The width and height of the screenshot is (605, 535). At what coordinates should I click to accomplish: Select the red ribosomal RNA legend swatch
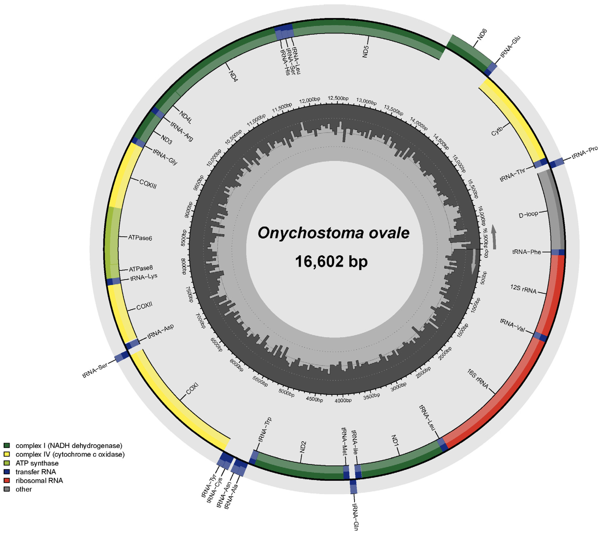click(x=7, y=480)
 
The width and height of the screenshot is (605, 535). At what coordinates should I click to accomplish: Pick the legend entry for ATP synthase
click(x=37, y=463)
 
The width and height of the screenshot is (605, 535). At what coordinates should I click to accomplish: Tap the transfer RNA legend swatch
click(x=7, y=472)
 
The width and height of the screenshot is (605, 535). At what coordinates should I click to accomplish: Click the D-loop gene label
click(x=528, y=215)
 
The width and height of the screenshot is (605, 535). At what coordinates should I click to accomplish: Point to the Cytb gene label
click(x=497, y=131)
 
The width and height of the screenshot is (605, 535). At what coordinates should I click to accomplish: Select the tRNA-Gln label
click(x=355, y=516)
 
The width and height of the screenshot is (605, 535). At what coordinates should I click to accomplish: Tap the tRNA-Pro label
click(x=585, y=153)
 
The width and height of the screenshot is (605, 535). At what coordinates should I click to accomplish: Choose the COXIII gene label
click(x=148, y=184)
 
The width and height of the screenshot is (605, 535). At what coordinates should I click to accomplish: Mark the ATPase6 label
click(x=140, y=238)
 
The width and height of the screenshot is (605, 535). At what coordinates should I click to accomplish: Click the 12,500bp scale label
click(x=338, y=98)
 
